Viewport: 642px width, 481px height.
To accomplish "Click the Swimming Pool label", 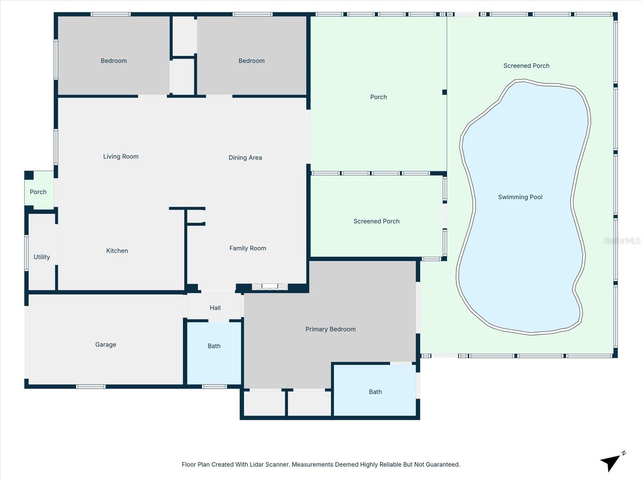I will (x=520, y=197).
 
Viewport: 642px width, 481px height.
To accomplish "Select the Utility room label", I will (x=42, y=257).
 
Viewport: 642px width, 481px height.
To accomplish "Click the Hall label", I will (x=215, y=308).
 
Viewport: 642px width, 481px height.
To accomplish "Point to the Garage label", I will (x=106, y=344).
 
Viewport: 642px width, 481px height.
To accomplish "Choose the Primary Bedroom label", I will (x=330, y=329).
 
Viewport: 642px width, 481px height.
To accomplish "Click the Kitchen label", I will (x=117, y=251).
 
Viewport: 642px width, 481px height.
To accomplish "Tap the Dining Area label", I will (x=245, y=158).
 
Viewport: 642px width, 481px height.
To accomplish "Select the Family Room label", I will (x=248, y=248).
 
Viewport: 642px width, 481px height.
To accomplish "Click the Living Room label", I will (x=121, y=156).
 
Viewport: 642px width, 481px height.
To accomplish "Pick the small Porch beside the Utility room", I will (x=38, y=192).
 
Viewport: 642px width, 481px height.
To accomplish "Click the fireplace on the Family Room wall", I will (x=270, y=286).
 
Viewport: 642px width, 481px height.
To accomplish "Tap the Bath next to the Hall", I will (x=214, y=346).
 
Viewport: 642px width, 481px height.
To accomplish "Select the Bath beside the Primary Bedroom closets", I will (x=375, y=392).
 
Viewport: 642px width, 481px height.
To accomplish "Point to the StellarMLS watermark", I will (x=622, y=240).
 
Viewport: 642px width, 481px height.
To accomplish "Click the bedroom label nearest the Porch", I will (x=252, y=61).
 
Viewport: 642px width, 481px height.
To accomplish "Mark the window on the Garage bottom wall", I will (x=91, y=386).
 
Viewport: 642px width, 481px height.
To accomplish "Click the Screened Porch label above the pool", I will (x=526, y=66).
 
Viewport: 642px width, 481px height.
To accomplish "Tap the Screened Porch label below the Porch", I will (x=376, y=221).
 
